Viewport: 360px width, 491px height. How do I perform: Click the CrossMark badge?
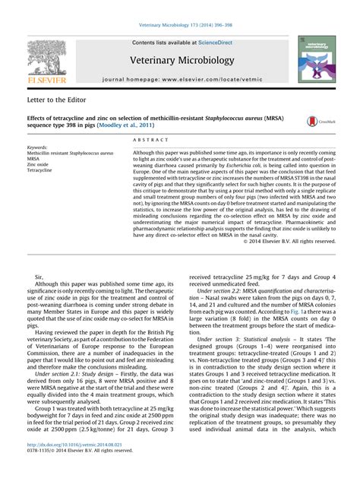point(317,122)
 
